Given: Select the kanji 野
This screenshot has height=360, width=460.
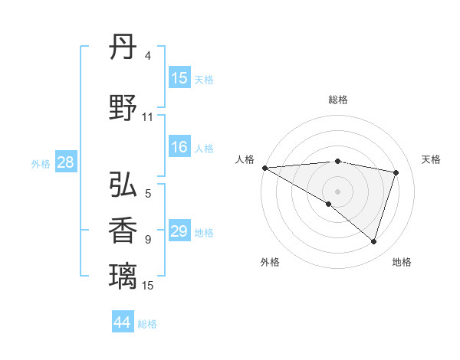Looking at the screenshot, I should [x=123, y=108].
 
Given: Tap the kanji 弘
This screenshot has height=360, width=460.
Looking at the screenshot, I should [x=123, y=185].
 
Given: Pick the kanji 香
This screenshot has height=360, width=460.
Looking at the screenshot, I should [x=123, y=231].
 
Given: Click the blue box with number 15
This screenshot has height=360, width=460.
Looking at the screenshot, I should [x=179, y=78].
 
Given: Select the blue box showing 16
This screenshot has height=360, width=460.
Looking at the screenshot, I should [x=179, y=147].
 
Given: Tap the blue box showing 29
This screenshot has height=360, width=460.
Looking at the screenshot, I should [x=179, y=231].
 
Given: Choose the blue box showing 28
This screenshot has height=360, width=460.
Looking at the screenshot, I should [x=64, y=162].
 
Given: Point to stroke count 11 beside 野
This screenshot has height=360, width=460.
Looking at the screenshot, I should [x=148, y=117].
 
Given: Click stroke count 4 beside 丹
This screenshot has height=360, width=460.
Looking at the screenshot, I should [x=148, y=56].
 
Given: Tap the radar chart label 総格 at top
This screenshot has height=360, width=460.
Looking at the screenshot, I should [x=337, y=100].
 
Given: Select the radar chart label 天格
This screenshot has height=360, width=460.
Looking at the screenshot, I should [x=432, y=159].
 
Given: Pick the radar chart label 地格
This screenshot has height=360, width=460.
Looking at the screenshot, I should [x=402, y=262].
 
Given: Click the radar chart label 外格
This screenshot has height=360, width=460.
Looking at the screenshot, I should [x=270, y=262].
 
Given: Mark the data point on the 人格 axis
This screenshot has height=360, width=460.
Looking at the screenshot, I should [x=264, y=167].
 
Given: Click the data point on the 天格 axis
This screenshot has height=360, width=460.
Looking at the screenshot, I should [x=396, y=172].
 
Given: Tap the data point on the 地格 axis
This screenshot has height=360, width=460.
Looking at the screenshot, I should [x=374, y=241].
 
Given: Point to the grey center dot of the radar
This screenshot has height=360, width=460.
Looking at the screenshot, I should [x=337, y=191].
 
